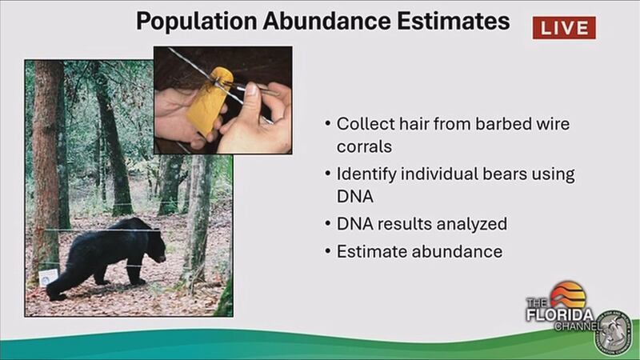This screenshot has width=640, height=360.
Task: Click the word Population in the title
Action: coord(196,22)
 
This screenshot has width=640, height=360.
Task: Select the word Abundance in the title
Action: coord(326,21)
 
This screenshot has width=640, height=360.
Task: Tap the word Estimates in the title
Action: coord(453,21)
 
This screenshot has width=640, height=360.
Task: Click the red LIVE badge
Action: coord(564,28)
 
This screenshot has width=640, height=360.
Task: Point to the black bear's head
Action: coord(157,246)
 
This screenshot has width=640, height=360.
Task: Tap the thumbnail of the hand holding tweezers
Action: coord(223,100)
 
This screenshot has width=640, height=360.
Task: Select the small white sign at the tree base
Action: coord(48,277)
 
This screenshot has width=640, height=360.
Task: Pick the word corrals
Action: coord(364,146)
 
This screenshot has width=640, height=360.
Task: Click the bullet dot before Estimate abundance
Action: coord(327,250)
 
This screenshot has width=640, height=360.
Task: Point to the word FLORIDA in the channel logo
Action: coord(559,315)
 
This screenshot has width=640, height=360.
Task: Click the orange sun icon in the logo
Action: coord(568,294)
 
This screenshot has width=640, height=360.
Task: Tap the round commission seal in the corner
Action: coord(613,333)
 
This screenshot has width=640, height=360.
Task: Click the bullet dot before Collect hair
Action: coord(327,123)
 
